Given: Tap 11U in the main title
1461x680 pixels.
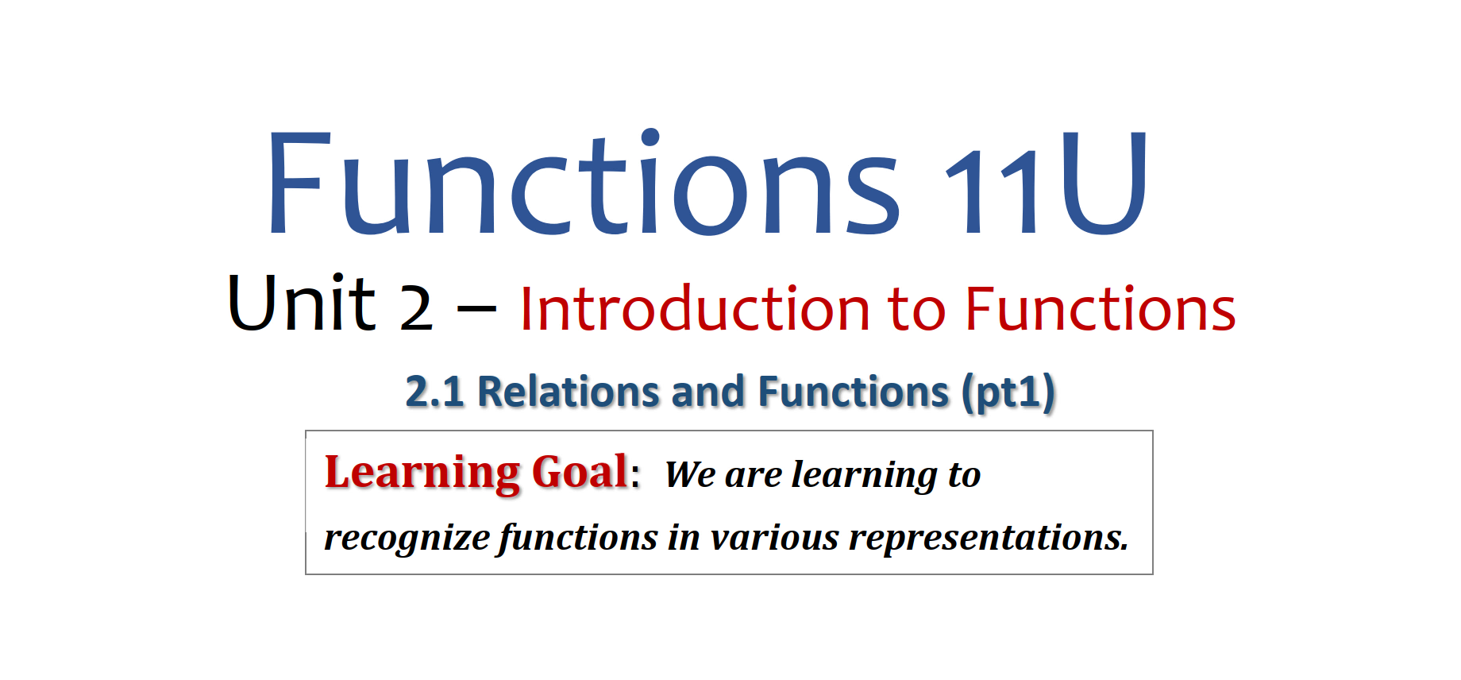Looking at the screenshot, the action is (x=1047, y=183).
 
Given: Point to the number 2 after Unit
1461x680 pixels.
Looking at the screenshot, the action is (x=416, y=308).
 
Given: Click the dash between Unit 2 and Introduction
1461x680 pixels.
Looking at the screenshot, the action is (x=477, y=310).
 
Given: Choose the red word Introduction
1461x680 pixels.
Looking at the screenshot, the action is (x=696, y=308).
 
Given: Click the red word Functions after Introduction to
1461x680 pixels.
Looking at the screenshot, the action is (x=1101, y=308).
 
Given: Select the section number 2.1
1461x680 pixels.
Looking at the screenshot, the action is (x=434, y=392).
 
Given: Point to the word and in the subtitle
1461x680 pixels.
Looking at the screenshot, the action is (x=708, y=392).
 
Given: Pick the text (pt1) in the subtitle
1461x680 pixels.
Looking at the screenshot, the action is (x=1008, y=393).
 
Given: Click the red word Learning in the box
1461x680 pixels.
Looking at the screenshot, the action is (x=422, y=473).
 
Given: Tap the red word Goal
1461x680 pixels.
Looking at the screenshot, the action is (x=580, y=472).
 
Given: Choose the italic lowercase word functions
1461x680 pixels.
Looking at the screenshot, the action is (x=578, y=538).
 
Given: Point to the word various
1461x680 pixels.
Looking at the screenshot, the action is (x=774, y=538).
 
